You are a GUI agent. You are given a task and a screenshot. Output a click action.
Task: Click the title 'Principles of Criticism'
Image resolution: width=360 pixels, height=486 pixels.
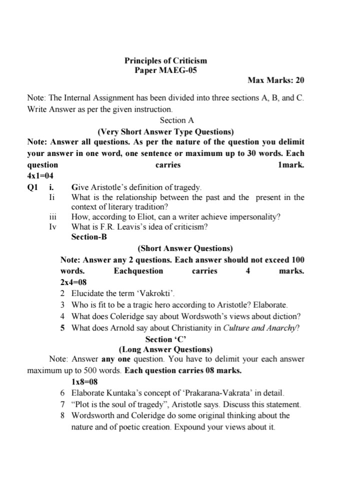[165, 60]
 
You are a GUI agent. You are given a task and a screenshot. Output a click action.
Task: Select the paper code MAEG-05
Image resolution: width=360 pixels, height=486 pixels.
[178, 70]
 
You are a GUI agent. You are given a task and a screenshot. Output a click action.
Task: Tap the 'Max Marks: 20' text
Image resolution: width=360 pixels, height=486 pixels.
[275, 80]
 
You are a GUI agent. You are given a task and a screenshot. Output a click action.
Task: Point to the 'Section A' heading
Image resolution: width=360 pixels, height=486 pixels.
[176, 120]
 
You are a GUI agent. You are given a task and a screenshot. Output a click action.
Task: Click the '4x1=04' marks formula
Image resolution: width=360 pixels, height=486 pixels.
[40, 176]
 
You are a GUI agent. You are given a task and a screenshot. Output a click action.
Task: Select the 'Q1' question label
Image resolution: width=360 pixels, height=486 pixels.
[32, 187]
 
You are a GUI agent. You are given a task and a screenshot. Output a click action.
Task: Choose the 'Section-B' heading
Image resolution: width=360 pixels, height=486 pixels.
[89, 236]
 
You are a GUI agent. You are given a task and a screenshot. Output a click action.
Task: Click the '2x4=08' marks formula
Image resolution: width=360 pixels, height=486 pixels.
[73, 282]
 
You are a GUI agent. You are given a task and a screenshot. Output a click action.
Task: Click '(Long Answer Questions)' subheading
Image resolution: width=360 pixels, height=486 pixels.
[165, 349]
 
